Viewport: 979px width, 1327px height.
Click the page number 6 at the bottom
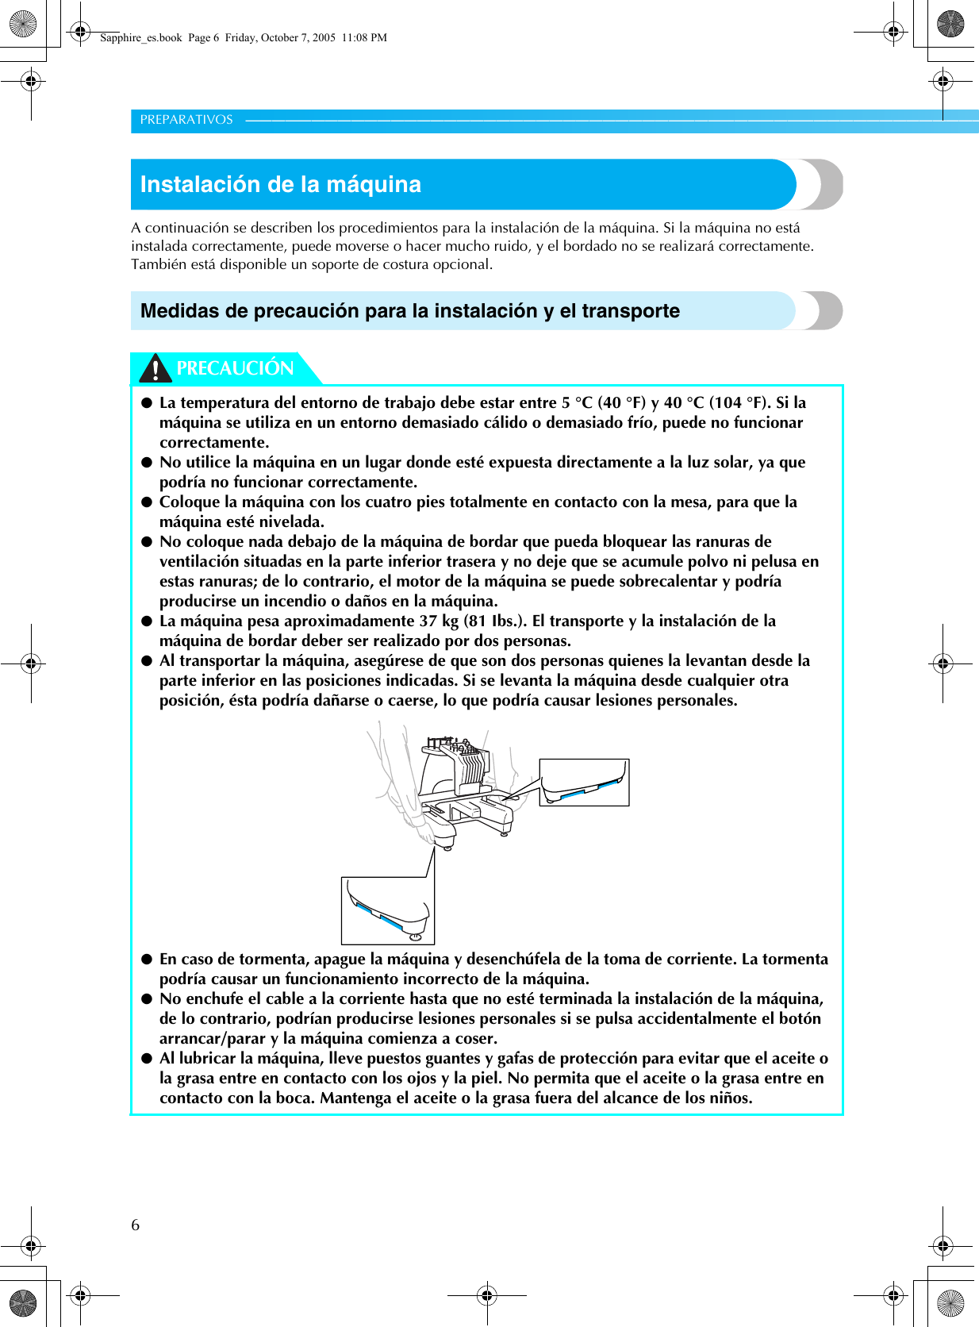click(136, 1225)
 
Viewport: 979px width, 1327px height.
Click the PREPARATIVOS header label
click(186, 120)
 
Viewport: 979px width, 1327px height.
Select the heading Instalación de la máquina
click(281, 184)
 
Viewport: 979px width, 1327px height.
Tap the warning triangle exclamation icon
click(155, 369)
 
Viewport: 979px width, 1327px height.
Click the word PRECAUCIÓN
click(235, 368)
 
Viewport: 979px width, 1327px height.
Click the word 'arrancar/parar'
click(213, 1038)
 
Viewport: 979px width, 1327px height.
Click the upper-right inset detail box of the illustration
click(584, 782)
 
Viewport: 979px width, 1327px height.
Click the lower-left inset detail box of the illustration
click(388, 910)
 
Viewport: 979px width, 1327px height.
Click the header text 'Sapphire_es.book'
click(141, 37)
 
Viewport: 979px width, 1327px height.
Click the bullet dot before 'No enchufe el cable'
click(147, 998)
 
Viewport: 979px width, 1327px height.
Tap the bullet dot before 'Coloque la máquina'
click(147, 502)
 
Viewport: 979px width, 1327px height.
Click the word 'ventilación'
click(199, 561)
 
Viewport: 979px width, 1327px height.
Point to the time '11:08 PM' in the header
click(364, 37)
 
